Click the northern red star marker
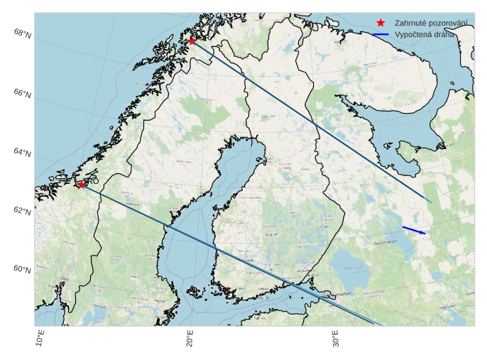click(192, 40)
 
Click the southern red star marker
click(82, 185)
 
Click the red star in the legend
click(381, 23)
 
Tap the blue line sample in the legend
click(381, 34)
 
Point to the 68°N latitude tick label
click(23, 33)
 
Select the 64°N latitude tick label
click(23, 153)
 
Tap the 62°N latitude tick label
click(23, 212)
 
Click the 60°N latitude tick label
click(23, 269)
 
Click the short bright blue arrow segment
click(414, 230)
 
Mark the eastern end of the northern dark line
click(431, 202)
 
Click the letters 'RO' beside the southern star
click(93, 182)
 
